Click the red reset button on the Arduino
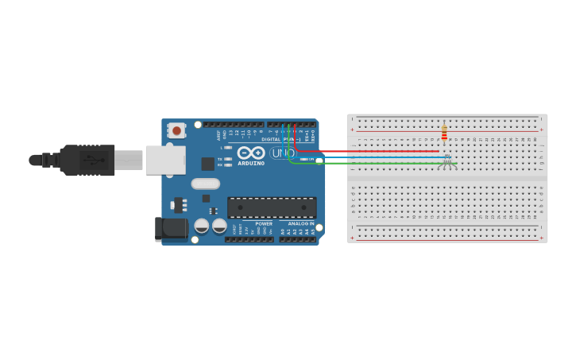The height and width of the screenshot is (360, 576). click(176, 129)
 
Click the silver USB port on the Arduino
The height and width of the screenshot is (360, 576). click(165, 160)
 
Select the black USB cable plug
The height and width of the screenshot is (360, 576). click(87, 160)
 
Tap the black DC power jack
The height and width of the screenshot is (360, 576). click(171, 230)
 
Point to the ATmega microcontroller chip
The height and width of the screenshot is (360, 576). click(272, 207)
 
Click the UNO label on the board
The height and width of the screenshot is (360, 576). click(283, 153)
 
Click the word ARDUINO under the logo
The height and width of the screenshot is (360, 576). click(251, 163)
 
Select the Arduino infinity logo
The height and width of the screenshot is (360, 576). click(251, 153)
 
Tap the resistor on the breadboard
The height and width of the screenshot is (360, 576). click(444, 132)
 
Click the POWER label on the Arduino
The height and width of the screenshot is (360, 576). click(264, 224)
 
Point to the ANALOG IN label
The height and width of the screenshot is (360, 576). click(301, 224)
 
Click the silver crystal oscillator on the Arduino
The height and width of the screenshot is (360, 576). click(206, 184)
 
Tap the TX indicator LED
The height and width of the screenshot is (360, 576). click(228, 159)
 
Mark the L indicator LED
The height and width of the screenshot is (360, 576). click(228, 147)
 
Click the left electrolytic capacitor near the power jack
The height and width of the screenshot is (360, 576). click(202, 226)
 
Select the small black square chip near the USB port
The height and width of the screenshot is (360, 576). click(207, 164)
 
